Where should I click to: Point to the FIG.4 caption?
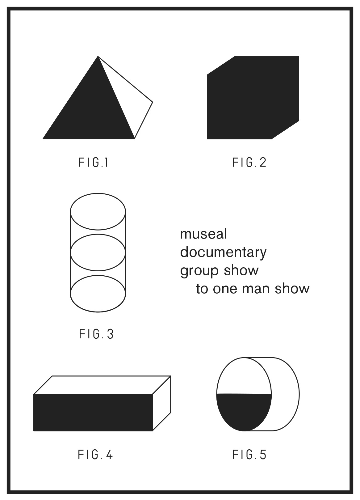[95, 455]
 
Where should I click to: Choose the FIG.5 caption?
[249, 455]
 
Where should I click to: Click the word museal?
[203, 234]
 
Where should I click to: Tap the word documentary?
[223, 252]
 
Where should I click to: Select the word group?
[199, 271]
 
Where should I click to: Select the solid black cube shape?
[253, 98]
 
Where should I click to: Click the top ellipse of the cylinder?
[98, 193]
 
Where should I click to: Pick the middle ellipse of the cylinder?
[98, 235]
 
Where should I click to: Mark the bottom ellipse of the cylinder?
[98, 312]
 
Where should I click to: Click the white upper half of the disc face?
[244, 377]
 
